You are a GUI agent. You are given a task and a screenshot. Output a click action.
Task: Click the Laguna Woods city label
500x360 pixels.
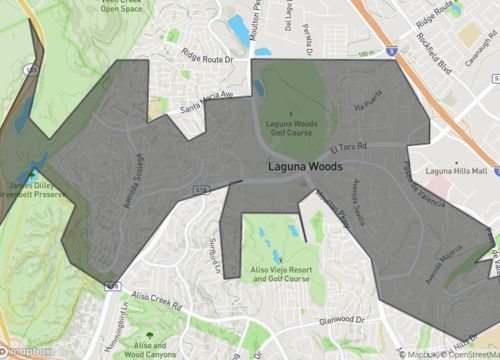pos(305,166)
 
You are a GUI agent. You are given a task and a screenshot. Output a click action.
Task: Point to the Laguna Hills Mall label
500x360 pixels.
pos(455,171)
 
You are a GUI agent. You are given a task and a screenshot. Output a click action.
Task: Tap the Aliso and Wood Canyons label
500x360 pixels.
pos(151,347)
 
